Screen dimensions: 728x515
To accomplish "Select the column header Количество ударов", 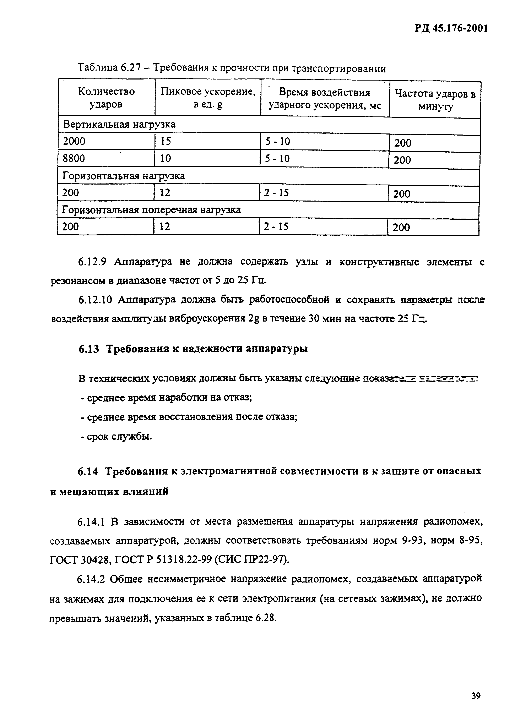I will (x=106, y=98).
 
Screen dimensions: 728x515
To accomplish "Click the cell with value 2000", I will (x=74, y=141).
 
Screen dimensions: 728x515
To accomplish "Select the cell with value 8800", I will (x=74, y=158).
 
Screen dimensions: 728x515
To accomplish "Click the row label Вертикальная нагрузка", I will (x=119, y=125).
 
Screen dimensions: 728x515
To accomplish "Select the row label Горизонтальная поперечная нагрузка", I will (x=151, y=210).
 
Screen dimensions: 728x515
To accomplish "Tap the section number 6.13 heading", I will (x=89, y=349).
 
